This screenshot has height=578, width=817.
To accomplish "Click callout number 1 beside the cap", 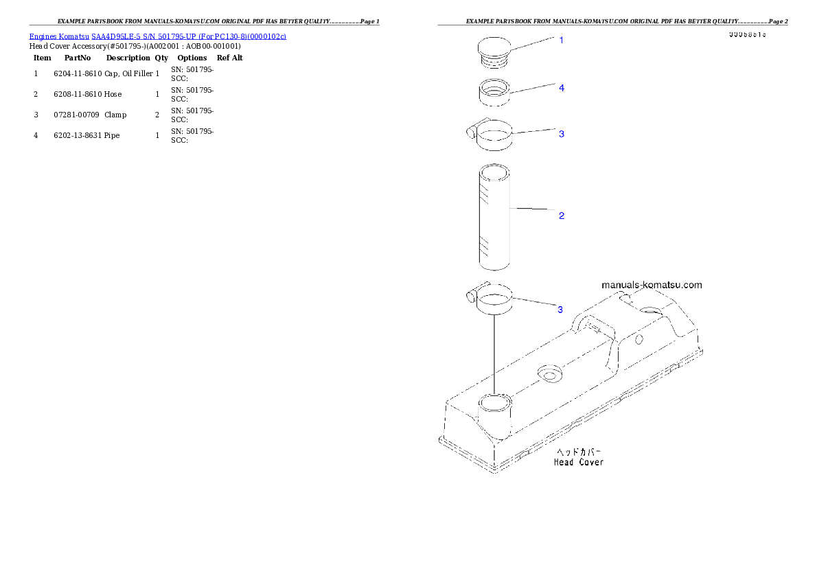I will point(561,40).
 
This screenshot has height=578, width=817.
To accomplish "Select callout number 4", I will point(561,88).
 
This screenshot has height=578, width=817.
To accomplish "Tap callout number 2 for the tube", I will point(561,216).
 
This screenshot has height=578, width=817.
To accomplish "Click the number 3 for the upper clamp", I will point(561,134).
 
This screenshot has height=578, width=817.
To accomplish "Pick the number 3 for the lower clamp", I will point(560,310).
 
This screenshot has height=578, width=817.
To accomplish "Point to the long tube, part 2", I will point(494,217).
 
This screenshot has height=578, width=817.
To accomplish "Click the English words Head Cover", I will point(579,462).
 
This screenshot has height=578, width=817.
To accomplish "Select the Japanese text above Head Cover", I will point(578,452).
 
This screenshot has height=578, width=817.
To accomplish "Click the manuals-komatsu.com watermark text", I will point(652,285).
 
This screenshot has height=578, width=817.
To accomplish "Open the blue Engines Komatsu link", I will point(157,36).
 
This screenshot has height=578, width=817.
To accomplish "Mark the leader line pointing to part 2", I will point(536,208).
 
